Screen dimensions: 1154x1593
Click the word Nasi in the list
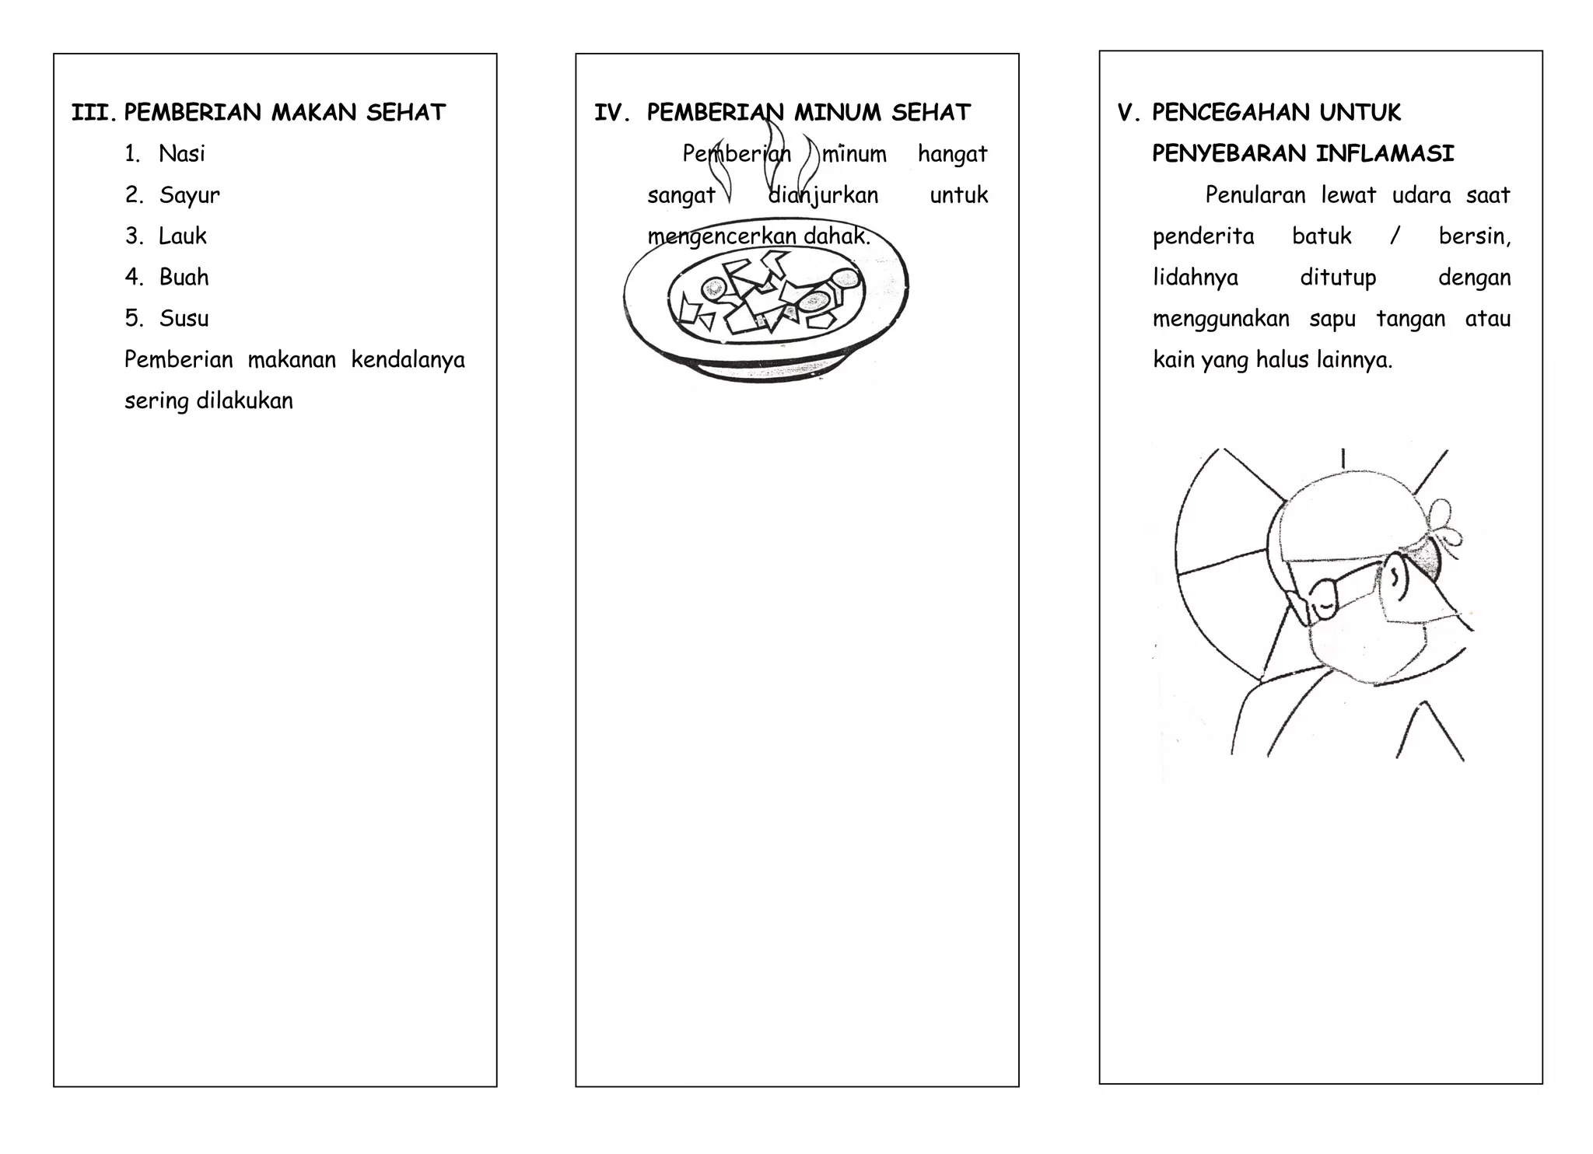pyautogui.click(x=182, y=154)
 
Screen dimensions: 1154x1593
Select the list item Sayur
pyautogui.click(x=189, y=195)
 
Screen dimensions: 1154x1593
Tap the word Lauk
pyautogui.click(x=183, y=236)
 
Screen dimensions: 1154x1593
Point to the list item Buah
pyautogui.click(x=184, y=278)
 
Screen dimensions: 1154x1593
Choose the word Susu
pyautogui.click(x=184, y=319)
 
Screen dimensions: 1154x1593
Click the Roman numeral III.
pyautogui.click(x=93, y=114)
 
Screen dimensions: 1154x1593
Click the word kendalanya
pyautogui.click(x=408, y=360)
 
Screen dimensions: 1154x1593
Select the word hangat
pyautogui.click(x=952, y=155)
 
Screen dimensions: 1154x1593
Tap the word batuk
pyautogui.click(x=1322, y=236)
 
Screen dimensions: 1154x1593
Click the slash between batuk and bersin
pyautogui.click(x=1395, y=236)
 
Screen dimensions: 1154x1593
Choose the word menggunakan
pyautogui.click(x=1220, y=319)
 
